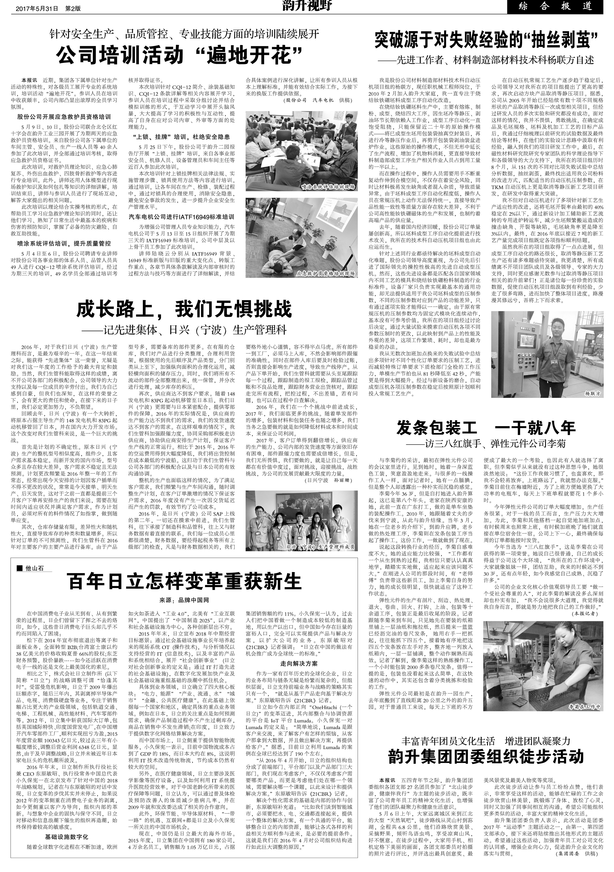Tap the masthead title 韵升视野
[307, 6]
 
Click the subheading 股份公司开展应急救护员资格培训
[64, 117]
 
